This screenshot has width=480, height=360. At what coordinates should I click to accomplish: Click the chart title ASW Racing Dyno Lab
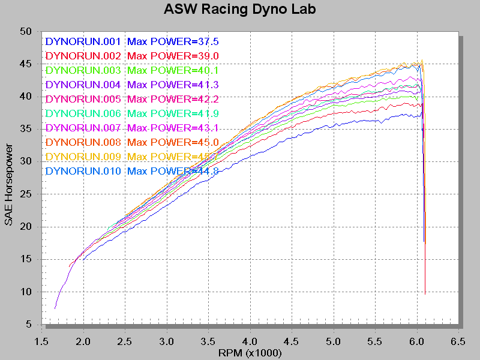tap(240, 10)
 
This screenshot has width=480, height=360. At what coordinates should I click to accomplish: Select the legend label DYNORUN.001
tap(83, 42)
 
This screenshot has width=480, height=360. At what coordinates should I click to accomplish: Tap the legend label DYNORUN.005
tap(83, 100)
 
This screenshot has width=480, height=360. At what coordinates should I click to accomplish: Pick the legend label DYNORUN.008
tap(83, 143)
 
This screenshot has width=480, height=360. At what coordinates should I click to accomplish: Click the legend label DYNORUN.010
tap(83, 172)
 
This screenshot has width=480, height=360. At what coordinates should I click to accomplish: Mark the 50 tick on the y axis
tap(25, 31)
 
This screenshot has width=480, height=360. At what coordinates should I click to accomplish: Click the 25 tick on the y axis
tap(25, 194)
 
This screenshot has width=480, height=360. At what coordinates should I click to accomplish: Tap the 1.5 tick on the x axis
tap(41, 341)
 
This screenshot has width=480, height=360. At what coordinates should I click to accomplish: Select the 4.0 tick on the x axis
tap(250, 341)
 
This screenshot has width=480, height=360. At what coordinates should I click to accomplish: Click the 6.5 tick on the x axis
tap(458, 341)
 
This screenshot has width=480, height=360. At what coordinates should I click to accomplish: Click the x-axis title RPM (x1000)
tap(250, 353)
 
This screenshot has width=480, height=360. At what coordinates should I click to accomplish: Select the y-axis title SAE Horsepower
tap(9, 184)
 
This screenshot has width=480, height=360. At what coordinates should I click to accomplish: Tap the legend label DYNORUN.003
tap(83, 71)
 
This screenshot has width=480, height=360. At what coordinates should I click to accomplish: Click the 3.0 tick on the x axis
tap(167, 341)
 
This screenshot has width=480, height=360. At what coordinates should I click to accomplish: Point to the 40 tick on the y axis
tap(25, 97)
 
